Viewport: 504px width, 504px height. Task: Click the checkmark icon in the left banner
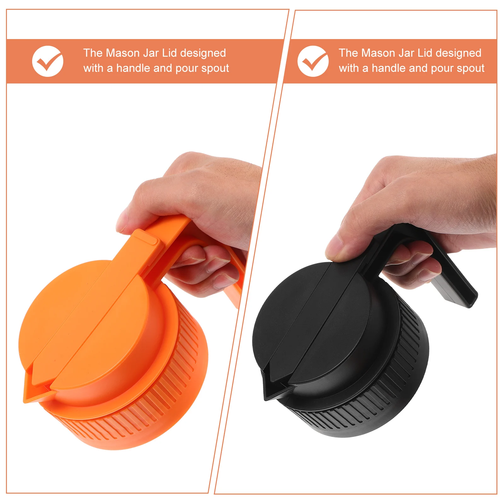(48, 61)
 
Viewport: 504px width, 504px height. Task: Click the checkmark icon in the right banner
(313, 61)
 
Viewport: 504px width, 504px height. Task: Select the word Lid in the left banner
(169, 53)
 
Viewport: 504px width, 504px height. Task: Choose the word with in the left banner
(94, 68)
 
